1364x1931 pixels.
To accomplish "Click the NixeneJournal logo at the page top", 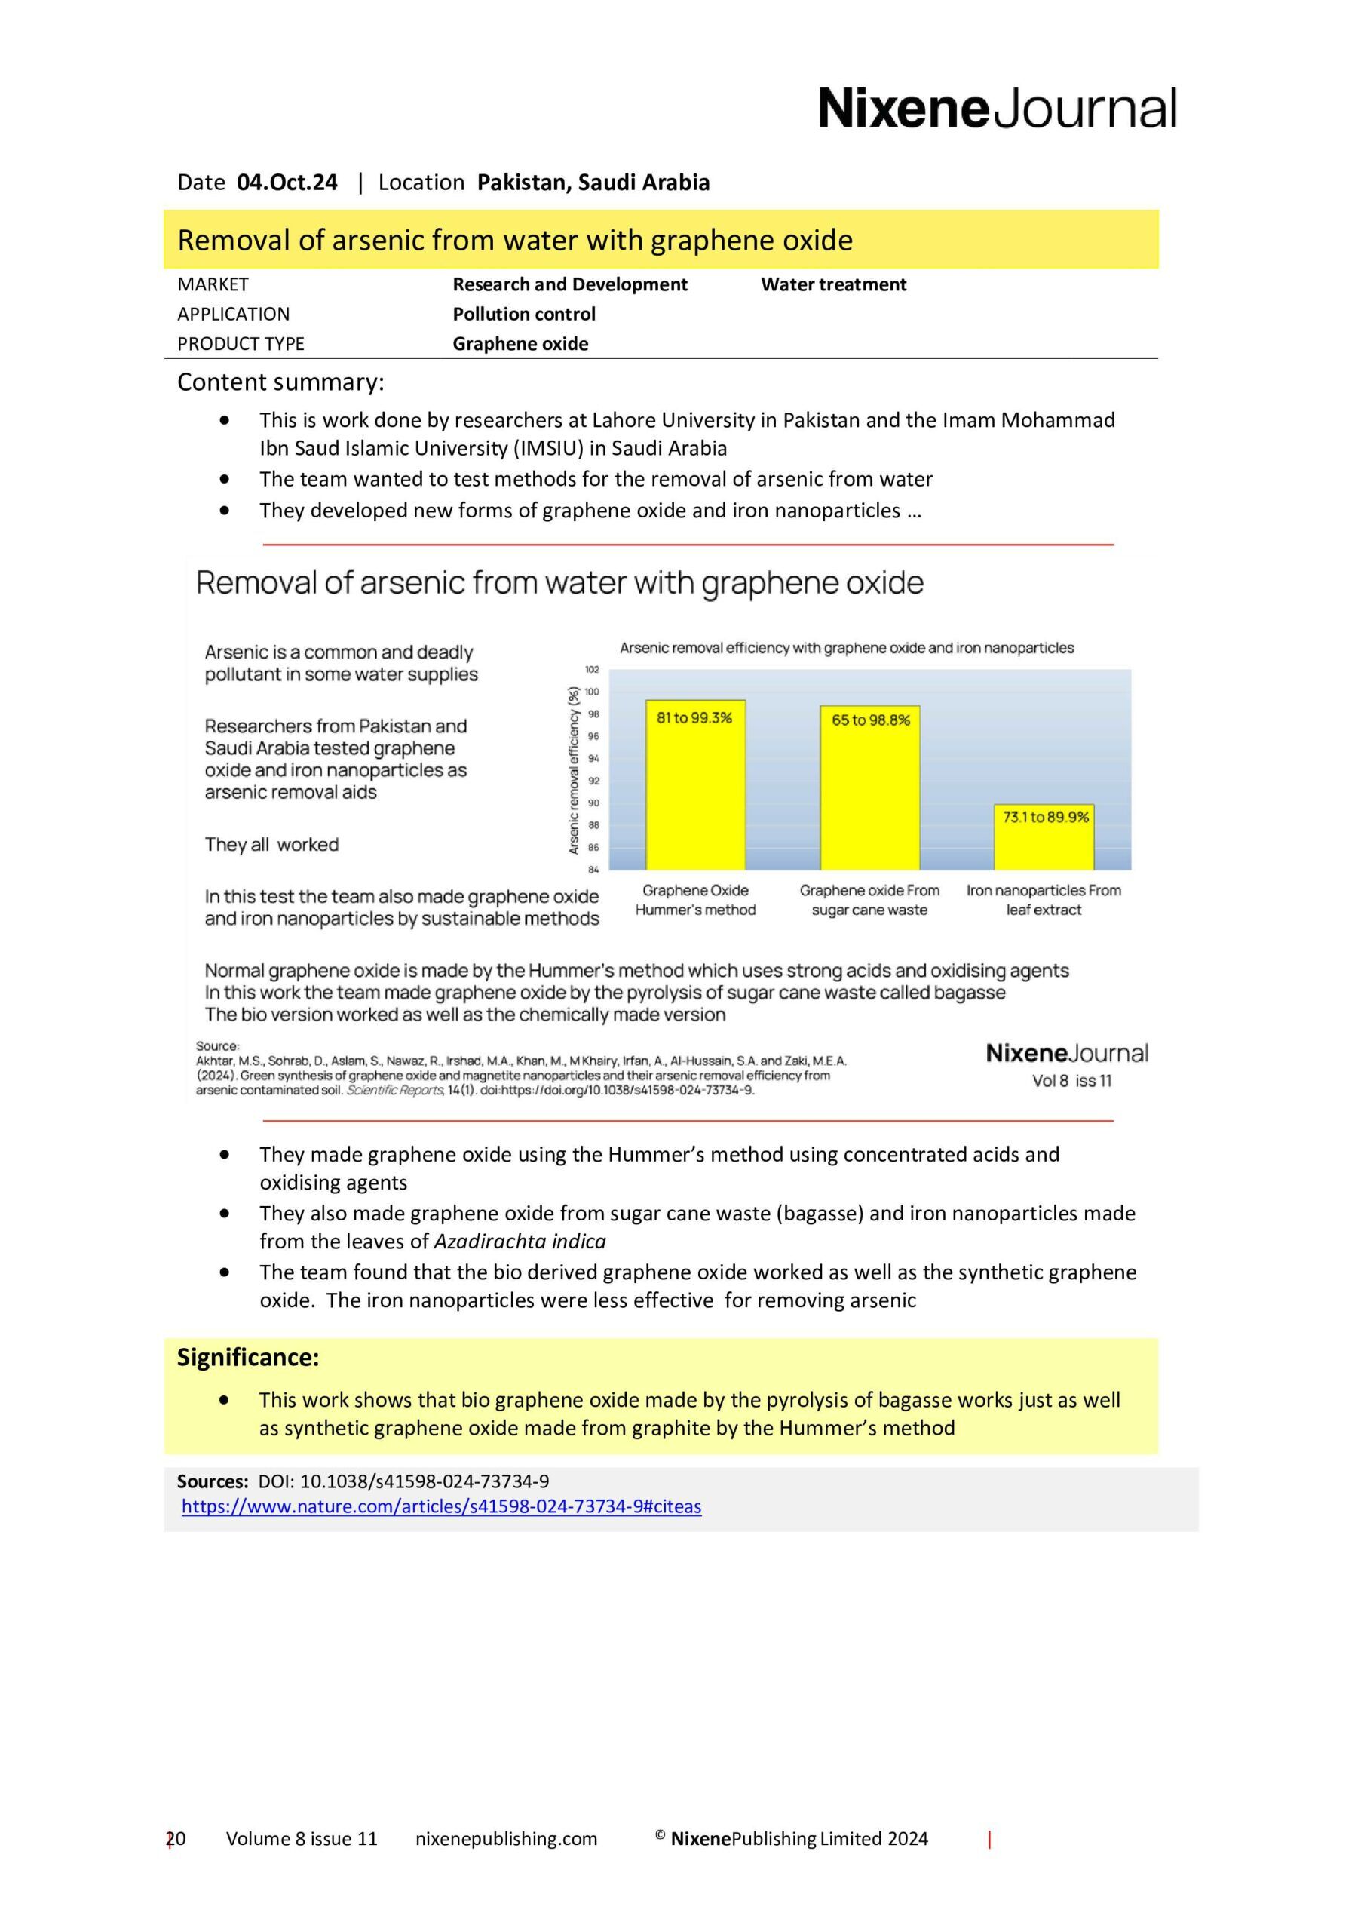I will coord(997,109).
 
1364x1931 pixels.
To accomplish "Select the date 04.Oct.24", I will coord(287,183).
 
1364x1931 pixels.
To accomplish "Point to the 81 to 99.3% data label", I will coord(694,717).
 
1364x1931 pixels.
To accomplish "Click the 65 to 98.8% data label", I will coord(870,720).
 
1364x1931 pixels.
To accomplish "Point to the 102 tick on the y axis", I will coord(592,670).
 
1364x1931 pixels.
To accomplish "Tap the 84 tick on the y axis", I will coord(593,870).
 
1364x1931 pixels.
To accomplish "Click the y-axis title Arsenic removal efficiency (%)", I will coord(574,770).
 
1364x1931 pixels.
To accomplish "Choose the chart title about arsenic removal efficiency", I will coord(846,649).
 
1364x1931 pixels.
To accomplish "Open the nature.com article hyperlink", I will coord(442,1506).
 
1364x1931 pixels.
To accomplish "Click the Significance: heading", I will coord(248,1358).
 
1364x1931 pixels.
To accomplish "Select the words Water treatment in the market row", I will coord(833,284).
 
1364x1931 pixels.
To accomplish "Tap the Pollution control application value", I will coord(524,314).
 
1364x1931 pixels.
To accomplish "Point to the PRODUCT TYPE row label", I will coord(241,343).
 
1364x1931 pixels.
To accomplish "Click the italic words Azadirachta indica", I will coord(519,1242).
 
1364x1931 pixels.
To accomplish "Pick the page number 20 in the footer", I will coord(176,1838).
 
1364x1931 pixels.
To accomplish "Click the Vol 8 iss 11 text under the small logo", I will coord(1071,1081).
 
